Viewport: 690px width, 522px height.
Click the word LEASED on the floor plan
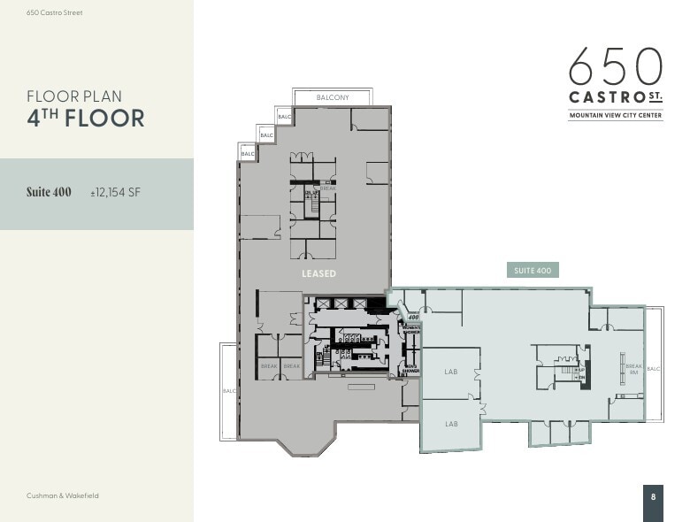pyautogui.click(x=318, y=273)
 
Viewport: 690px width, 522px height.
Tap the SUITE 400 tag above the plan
pyautogui.click(x=532, y=271)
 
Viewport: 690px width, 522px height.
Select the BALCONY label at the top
pyautogui.click(x=333, y=97)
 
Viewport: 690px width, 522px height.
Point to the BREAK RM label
pyautogui.click(x=633, y=369)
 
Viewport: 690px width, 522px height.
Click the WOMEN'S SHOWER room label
pyautogui.click(x=411, y=330)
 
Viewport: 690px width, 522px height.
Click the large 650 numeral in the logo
pyautogui.click(x=615, y=66)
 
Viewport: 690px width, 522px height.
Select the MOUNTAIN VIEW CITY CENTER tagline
pyautogui.click(x=615, y=116)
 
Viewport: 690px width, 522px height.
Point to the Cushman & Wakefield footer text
pyautogui.click(x=63, y=495)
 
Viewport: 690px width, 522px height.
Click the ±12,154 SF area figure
pyautogui.click(x=115, y=192)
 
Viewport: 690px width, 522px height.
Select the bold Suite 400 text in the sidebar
pyautogui.click(x=49, y=192)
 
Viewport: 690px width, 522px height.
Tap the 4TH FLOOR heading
pyautogui.click(x=85, y=118)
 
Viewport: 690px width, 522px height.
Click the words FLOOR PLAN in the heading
pyautogui.click(x=74, y=96)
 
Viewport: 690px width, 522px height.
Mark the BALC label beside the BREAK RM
pyautogui.click(x=654, y=369)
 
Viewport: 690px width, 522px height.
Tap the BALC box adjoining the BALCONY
pyautogui.click(x=285, y=117)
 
